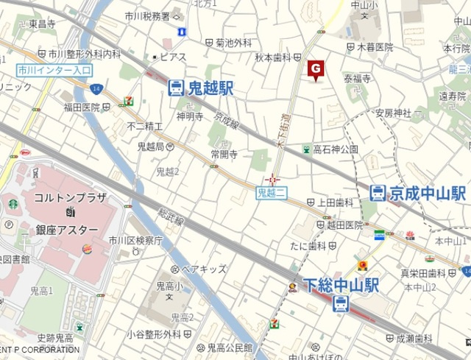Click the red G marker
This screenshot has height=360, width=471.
(x=315, y=69)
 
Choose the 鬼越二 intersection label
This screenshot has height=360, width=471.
(x=271, y=192)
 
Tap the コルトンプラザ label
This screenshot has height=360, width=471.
(x=68, y=198)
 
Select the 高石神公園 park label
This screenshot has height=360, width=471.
(x=335, y=149)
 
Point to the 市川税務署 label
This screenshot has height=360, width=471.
(x=147, y=15)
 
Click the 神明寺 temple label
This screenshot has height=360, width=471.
(x=189, y=116)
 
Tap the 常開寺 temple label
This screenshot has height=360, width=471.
(x=223, y=155)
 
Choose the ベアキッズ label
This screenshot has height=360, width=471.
(x=204, y=269)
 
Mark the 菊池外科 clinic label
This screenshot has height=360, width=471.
(x=233, y=43)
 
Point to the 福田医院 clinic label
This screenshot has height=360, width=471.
(x=81, y=107)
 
